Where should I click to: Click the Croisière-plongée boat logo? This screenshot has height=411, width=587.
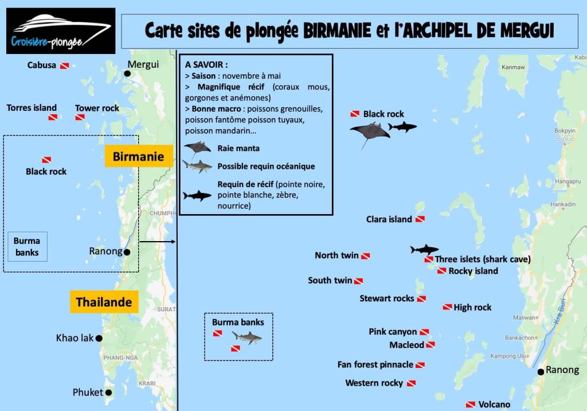click(61, 30)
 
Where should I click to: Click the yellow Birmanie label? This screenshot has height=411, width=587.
click(139, 156)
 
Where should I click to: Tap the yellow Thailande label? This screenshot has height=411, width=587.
click(104, 302)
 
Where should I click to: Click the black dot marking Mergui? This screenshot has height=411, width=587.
click(127, 73)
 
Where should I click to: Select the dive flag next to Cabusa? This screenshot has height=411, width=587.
click(65, 66)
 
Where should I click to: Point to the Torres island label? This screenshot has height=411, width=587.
click(32, 107)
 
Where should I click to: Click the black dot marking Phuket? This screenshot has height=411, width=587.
click(108, 393)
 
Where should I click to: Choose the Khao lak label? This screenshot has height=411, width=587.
click(75, 338)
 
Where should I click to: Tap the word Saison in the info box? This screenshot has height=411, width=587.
click(204, 76)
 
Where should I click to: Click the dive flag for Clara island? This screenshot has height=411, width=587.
click(420, 219)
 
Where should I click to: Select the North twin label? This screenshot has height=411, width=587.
click(336, 255)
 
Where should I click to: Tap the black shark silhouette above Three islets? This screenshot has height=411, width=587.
click(424, 250)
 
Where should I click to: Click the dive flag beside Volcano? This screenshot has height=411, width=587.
click(471, 405)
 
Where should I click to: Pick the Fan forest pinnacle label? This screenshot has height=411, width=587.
click(375, 365)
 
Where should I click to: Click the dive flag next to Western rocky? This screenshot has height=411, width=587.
click(411, 383)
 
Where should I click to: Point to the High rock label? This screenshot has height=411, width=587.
click(472, 308)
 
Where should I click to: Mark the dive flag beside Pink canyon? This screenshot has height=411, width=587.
click(424, 332)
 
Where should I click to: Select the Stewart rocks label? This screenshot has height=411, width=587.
click(386, 298)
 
